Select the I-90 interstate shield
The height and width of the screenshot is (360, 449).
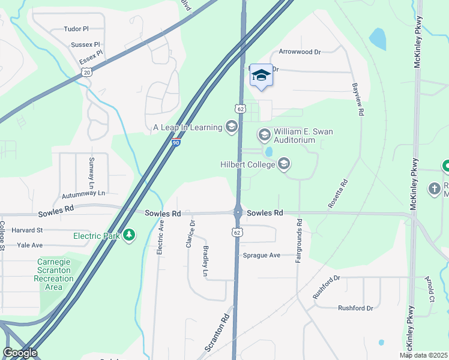tap(175, 143)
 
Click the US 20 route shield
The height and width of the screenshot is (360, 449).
tap(87, 72)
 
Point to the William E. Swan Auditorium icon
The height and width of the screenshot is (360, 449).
tap(264, 135)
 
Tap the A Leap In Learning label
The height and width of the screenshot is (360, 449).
tap(187, 127)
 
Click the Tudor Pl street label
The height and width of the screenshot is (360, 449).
tap(76, 29)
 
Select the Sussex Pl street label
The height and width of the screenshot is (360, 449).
tap(85, 44)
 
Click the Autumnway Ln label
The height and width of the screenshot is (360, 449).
tap(83, 193)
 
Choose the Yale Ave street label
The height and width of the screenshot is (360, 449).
tap(29, 245)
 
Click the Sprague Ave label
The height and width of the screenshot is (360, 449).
tap(262, 255)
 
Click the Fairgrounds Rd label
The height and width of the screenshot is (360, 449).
tap(298, 241)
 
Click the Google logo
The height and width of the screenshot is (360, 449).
tap(20, 353)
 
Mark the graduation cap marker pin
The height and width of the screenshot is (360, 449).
tap(261, 75)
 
